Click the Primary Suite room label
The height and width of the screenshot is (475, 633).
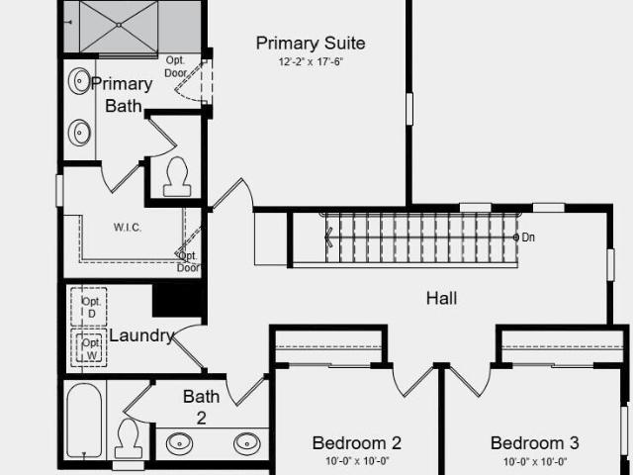click(x=311, y=44)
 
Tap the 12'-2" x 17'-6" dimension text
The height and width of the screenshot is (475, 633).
click(x=311, y=61)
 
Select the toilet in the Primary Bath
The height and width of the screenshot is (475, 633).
click(x=177, y=176)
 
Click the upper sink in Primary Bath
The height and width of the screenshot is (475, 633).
click(x=79, y=81)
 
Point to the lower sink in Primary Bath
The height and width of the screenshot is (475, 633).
click(x=79, y=132)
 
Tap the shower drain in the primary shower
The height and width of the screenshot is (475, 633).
click(x=119, y=25)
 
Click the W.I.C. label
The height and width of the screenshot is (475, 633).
click(x=128, y=228)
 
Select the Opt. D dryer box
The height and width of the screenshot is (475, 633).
click(x=89, y=307)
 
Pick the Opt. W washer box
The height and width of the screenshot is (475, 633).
click(x=89, y=348)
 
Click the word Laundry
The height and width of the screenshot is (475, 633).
click(x=141, y=336)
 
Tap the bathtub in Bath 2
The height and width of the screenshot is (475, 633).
click(x=84, y=421)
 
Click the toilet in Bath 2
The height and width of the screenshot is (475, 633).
click(x=129, y=438)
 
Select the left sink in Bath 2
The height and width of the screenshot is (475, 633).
click(x=180, y=443)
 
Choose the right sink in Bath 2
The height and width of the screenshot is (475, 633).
click(x=247, y=443)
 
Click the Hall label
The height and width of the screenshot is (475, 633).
click(x=442, y=299)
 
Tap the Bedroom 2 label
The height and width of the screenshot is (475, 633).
click(x=357, y=443)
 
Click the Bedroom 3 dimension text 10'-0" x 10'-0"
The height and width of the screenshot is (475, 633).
click(x=535, y=461)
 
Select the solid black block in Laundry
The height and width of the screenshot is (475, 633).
click(x=178, y=299)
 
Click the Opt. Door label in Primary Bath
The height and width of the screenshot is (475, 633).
click(x=176, y=66)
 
